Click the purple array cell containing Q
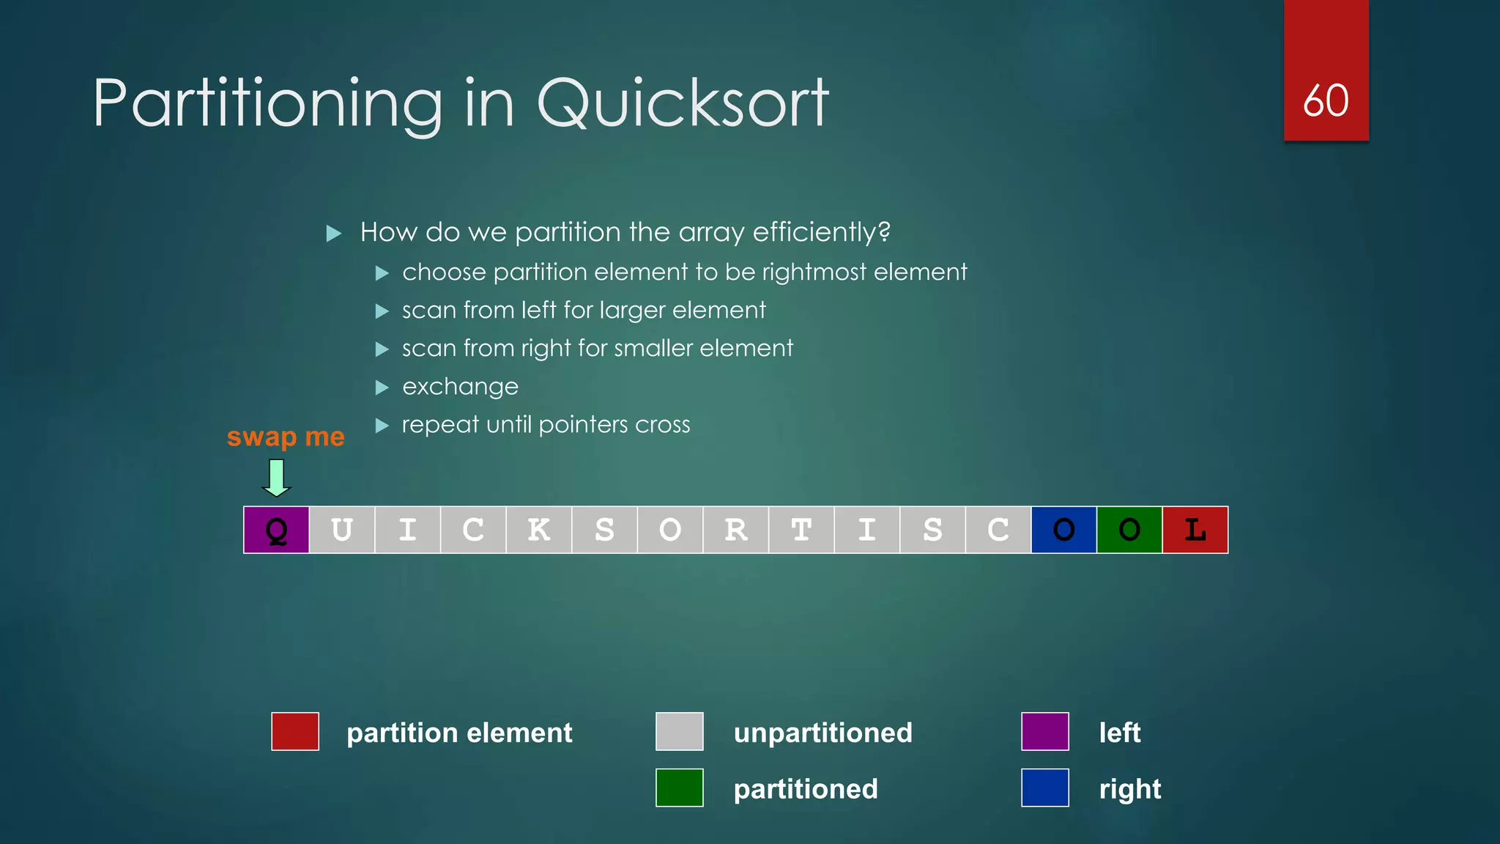tap(276, 530)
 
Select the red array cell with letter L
tap(1195, 530)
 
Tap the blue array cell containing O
tap(1063, 530)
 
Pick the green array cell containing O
tap(1129, 530)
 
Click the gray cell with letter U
tap(342, 530)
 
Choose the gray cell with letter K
tap(538, 530)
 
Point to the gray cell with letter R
tap(735, 530)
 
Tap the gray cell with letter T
tap(801, 530)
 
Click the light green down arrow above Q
tap(276, 478)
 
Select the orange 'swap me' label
tap(286, 437)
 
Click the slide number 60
tap(1326, 100)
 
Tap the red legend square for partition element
tap(295, 731)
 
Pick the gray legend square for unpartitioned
tap(679, 731)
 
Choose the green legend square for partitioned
tap(679, 788)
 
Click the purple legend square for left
tap(1044, 731)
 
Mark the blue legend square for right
tap(1044, 788)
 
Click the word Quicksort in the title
tap(683, 103)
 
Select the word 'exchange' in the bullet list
tap(460, 386)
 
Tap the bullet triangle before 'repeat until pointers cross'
tap(382, 425)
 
